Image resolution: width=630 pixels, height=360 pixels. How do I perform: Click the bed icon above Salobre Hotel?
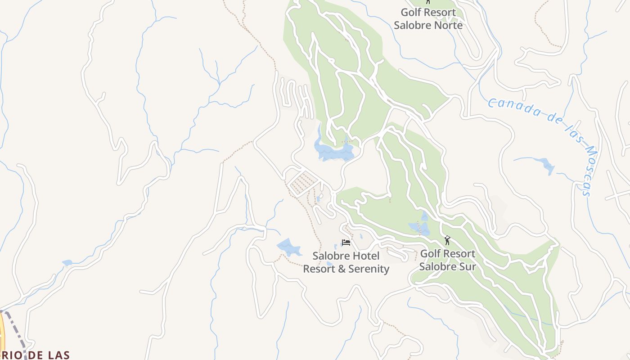(346, 243)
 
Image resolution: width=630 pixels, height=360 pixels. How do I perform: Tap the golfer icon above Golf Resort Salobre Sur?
(447, 240)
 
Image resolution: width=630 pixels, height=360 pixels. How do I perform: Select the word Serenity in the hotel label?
(366, 269)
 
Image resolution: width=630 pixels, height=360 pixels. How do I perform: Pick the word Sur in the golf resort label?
(468, 266)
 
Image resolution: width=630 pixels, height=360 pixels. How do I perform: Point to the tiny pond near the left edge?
(67, 262)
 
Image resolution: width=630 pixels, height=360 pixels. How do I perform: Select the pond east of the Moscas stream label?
(546, 166)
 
